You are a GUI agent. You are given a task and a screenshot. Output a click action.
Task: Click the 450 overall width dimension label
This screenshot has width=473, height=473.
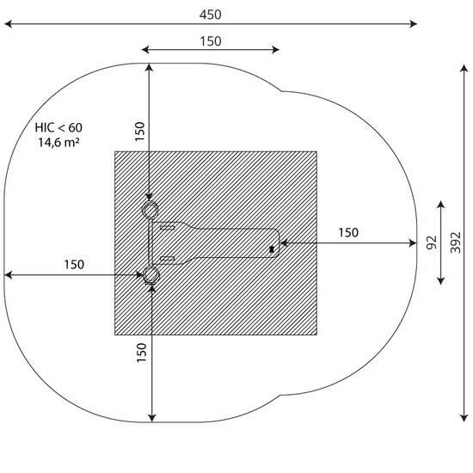click(x=210, y=15)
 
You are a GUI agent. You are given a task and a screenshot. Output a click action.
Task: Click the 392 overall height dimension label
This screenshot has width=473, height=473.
click(x=456, y=243)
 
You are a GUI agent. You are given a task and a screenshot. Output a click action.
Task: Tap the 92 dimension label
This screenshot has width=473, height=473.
click(x=432, y=243)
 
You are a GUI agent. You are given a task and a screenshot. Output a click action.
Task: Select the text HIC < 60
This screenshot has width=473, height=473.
click(x=58, y=127)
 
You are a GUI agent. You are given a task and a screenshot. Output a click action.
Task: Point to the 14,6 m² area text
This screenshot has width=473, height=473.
click(x=58, y=142)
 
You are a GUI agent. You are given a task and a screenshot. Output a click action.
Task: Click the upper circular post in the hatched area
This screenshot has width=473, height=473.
click(x=150, y=210)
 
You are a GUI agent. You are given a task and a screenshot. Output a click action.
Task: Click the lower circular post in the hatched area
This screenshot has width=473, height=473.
click(x=150, y=275)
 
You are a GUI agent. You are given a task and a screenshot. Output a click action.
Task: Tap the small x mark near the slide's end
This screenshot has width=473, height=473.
click(x=272, y=249)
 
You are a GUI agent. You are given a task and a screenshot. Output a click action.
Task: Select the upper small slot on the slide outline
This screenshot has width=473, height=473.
click(x=168, y=227)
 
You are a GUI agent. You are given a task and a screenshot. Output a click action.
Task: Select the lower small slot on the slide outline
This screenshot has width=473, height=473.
click(x=168, y=258)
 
